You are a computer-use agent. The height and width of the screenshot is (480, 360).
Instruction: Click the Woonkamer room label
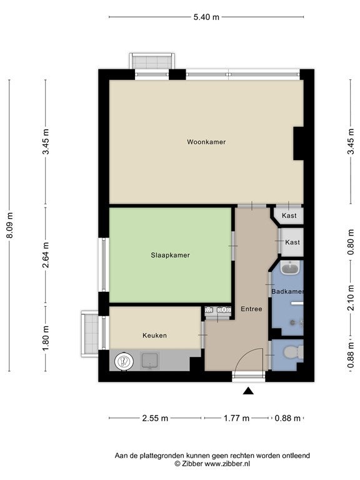coord(206,142)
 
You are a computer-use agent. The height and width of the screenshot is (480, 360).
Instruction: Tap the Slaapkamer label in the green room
coord(170,255)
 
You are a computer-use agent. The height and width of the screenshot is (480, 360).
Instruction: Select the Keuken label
coord(154,336)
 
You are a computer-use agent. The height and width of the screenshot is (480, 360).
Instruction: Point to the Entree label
coord(251,309)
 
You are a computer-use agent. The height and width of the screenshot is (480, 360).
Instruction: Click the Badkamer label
coord(287,291)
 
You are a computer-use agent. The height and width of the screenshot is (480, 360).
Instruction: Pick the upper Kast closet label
coord(289,216)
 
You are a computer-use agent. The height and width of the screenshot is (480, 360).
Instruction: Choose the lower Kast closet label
coord(292,242)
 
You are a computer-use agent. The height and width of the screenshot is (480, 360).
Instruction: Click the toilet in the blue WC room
coord(293,352)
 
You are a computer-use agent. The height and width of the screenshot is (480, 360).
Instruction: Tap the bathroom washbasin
coord(290,269)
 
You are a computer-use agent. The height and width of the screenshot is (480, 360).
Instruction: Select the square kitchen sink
coord(150,360)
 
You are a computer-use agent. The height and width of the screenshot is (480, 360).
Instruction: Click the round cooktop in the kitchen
coord(124,361)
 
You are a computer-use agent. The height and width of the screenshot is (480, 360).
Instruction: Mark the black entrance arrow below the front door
coord(248,391)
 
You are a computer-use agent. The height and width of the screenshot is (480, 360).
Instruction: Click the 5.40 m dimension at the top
coord(206,17)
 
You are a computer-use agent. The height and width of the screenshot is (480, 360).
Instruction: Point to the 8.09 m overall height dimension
coord(10,225)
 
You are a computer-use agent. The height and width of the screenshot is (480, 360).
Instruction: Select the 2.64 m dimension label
coord(46,255)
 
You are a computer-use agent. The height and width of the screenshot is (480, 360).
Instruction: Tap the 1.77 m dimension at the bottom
coord(236,418)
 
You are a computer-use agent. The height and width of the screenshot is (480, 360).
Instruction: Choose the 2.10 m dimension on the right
coord(351,298)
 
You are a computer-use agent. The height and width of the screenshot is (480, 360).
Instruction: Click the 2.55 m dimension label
coord(155,418)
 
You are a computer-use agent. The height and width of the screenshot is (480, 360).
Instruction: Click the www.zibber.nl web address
coord(227,464)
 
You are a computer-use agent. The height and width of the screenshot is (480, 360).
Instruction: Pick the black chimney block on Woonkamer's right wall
coord(298,143)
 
